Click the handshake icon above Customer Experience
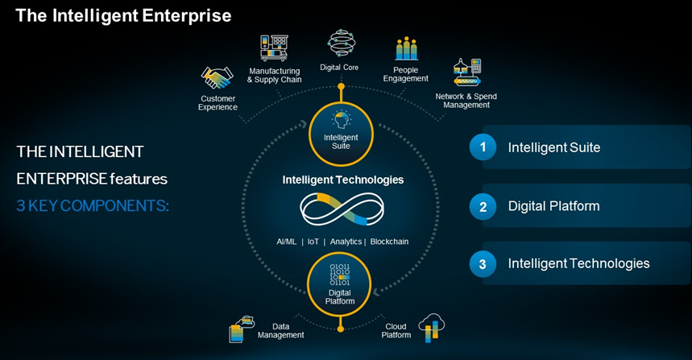point(218,78)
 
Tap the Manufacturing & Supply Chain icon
point(274,48)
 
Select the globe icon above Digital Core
point(341,43)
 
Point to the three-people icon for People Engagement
point(407,48)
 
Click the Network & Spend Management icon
point(467,72)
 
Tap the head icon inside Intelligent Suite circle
point(341,120)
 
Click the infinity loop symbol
point(342,209)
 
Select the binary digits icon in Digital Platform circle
point(340,275)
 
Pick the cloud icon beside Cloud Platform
point(432,327)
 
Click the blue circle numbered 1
point(483,147)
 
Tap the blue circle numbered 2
point(483,206)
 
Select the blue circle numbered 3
point(483,264)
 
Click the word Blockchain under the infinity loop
point(389,242)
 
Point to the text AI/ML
point(287,242)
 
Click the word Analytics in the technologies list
point(346,242)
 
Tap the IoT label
point(313,242)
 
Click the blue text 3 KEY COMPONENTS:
point(93,205)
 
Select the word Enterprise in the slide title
point(187,16)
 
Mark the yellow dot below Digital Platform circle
point(340,329)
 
